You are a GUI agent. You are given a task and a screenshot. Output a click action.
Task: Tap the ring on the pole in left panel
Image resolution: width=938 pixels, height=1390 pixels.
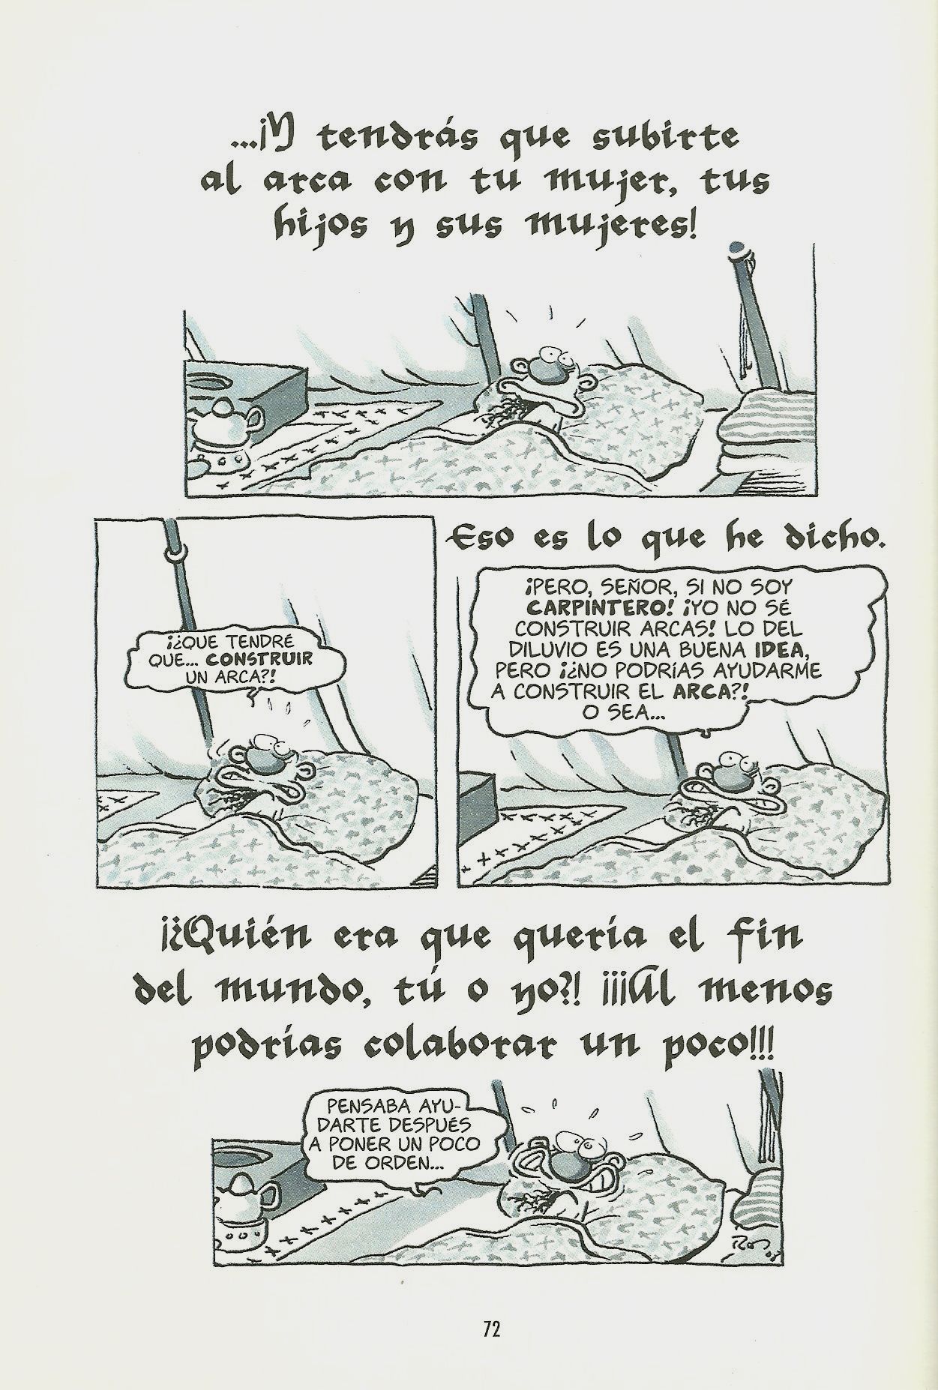coord(177,556)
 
